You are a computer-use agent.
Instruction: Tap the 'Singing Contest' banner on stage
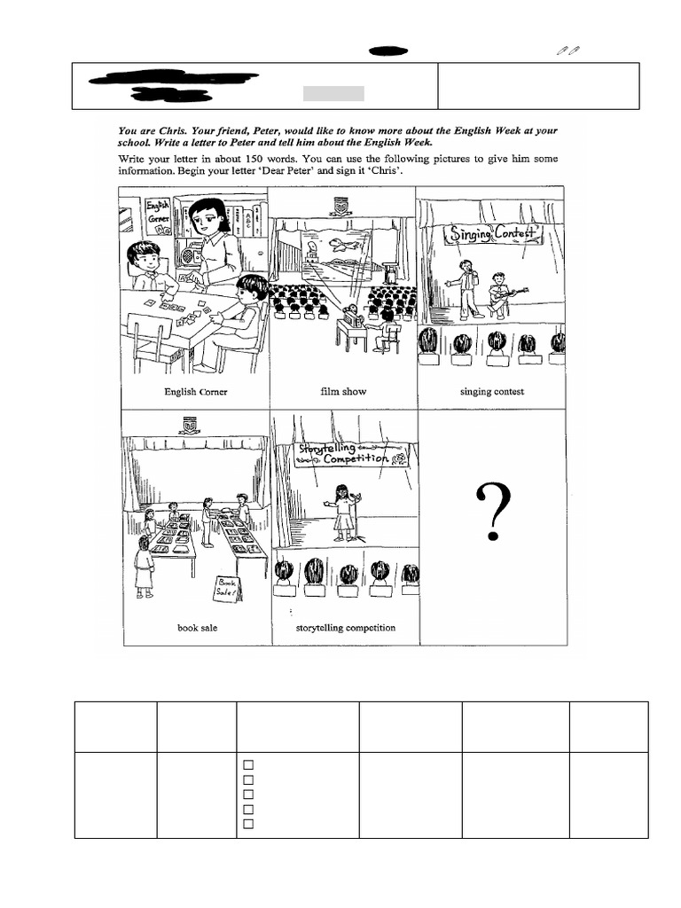click(x=493, y=234)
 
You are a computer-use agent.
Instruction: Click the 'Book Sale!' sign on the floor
click(x=226, y=588)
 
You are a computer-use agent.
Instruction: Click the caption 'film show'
click(x=343, y=391)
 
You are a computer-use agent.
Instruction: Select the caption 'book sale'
click(x=197, y=628)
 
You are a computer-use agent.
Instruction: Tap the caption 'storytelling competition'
click(x=345, y=628)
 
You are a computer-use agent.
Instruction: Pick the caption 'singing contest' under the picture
click(x=491, y=391)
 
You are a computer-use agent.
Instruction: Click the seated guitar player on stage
click(x=501, y=294)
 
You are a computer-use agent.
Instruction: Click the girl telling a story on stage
click(x=342, y=511)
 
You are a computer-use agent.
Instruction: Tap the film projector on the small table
click(x=351, y=314)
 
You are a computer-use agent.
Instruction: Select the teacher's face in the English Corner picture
click(x=206, y=218)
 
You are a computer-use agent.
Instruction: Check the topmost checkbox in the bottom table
click(x=249, y=764)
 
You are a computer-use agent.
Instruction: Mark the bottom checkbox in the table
click(x=249, y=824)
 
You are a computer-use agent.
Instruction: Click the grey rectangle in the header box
click(x=333, y=94)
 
